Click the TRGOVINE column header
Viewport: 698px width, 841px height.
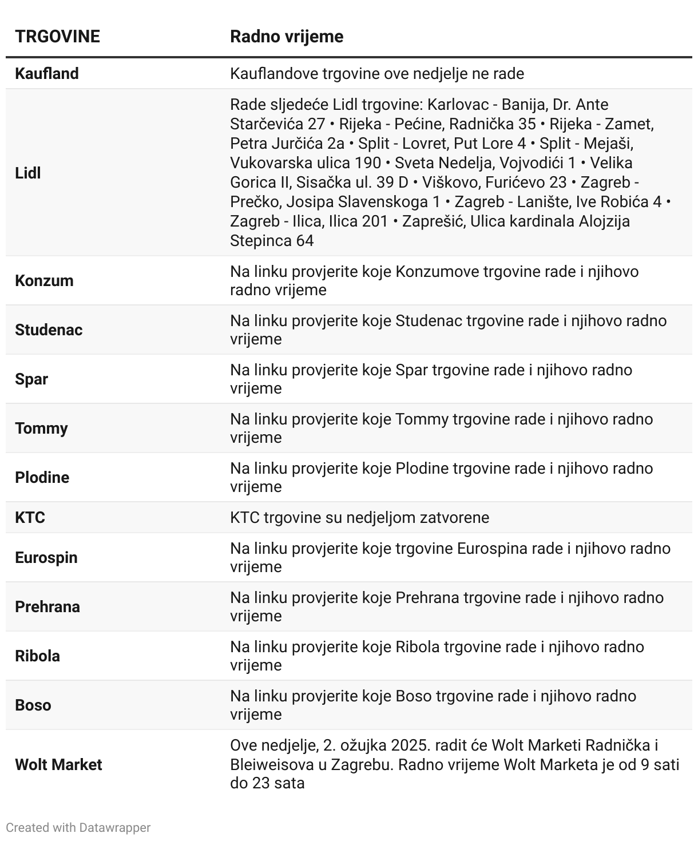(x=57, y=37)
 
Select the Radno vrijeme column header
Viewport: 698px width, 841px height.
(x=287, y=37)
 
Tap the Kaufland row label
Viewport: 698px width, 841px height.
(x=47, y=74)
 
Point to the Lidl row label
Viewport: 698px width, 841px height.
(x=27, y=173)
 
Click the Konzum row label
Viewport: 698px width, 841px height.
(x=44, y=281)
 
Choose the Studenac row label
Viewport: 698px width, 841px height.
(x=49, y=330)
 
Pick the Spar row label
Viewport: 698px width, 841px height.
(x=31, y=379)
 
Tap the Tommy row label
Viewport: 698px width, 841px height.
(x=41, y=429)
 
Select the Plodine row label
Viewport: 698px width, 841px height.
(x=42, y=478)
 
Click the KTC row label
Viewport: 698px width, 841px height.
(x=30, y=518)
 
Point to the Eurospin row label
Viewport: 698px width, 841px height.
(x=46, y=558)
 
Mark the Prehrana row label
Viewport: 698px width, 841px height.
(x=47, y=607)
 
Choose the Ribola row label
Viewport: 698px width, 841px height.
(x=37, y=656)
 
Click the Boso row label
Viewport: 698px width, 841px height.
(x=33, y=705)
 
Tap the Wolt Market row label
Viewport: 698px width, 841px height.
(x=58, y=765)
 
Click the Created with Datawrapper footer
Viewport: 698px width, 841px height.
(x=78, y=828)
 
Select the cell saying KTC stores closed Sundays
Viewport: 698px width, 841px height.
(x=359, y=518)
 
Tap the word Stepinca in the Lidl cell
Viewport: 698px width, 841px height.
(x=260, y=241)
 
